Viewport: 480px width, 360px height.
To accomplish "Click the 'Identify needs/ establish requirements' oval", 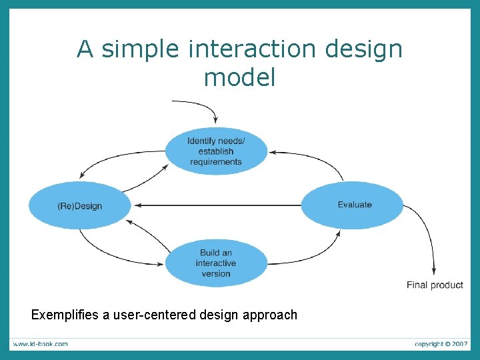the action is point(216,151).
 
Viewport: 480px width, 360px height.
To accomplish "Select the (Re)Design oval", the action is point(79,205).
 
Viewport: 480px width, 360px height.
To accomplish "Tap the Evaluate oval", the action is point(353,205).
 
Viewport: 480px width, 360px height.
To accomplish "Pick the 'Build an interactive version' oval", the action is point(215,263).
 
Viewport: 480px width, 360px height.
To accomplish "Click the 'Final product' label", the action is point(435,285).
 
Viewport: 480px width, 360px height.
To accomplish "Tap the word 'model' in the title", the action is point(239,78).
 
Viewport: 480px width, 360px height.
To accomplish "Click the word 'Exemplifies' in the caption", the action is point(64,315).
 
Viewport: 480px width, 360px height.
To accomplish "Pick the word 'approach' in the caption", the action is point(270,315).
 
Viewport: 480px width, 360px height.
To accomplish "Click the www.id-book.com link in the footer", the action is point(40,344).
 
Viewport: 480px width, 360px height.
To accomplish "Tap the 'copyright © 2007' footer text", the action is point(441,344).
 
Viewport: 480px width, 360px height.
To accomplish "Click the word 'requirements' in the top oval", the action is point(215,161).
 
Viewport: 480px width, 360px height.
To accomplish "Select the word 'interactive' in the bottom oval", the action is point(215,263).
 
